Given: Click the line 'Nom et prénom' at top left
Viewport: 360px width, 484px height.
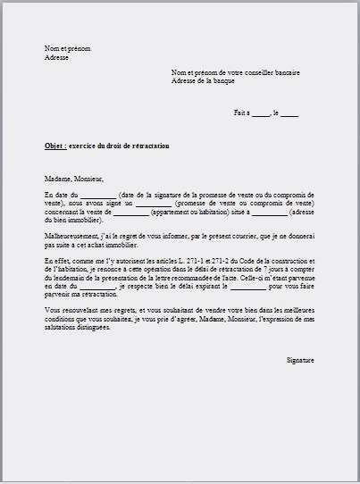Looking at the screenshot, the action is (67, 48).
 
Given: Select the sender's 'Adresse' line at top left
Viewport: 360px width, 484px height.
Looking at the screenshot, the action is (56, 56).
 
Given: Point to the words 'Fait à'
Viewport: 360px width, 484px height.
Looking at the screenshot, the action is (241, 113).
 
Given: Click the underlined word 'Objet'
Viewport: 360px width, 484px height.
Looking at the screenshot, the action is (54, 146).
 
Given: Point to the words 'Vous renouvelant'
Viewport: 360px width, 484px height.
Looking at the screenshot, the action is (71, 310).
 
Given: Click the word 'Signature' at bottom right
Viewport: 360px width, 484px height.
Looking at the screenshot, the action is (300, 359).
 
